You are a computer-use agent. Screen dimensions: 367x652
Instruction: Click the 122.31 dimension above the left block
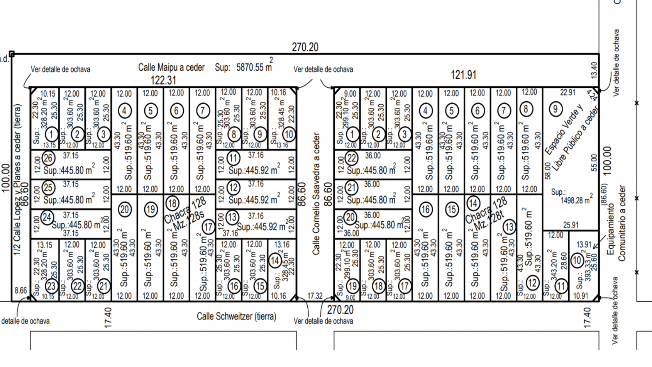tap(163, 80)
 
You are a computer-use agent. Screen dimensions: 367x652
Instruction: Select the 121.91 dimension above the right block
tap(463, 75)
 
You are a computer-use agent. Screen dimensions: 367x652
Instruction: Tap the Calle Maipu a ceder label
tap(171, 68)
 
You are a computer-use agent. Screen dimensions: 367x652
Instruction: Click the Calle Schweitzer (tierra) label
tap(236, 316)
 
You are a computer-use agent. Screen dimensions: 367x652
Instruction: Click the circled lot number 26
tap(48, 158)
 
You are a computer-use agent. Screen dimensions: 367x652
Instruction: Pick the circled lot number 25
tap(48, 188)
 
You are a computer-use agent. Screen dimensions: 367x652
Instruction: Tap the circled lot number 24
tap(47, 217)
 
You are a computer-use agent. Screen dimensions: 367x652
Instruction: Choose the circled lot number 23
tap(51, 286)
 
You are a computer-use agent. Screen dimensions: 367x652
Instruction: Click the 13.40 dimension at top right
tap(594, 70)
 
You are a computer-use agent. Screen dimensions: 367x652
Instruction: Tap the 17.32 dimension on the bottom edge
tap(315, 296)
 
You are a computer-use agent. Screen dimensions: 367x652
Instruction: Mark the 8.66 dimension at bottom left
tap(20, 291)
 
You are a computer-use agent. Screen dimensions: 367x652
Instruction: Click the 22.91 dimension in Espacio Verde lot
tap(567, 93)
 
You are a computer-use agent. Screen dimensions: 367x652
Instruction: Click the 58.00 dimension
tap(548, 170)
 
